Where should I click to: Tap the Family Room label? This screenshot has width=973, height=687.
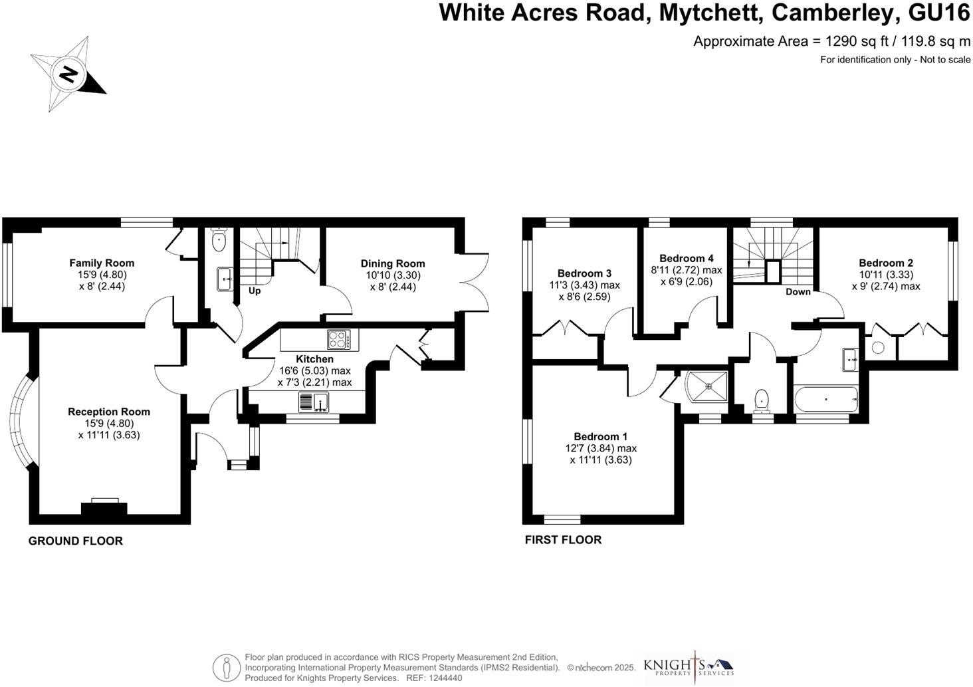(102, 263)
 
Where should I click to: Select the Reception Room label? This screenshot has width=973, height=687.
(109, 412)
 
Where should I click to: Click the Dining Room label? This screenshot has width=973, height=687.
(393, 264)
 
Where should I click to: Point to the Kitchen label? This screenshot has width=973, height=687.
(314, 359)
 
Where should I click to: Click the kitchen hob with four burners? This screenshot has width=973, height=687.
(338, 340)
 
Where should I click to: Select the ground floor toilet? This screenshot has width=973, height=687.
(219, 240)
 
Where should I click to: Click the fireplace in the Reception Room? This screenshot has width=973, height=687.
(104, 507)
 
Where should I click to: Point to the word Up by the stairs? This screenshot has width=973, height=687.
(255, 291)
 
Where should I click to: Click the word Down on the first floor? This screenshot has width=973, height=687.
(798, 292)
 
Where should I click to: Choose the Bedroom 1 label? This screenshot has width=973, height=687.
(601, 437)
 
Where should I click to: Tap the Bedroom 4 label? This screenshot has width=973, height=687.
(687, 259)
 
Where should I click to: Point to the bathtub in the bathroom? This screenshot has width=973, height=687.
(826, 400)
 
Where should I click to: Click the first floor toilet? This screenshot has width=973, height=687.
(762, 400)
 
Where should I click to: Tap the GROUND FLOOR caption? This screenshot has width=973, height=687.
(75, 541)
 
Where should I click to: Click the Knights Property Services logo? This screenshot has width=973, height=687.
(689, 666)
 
